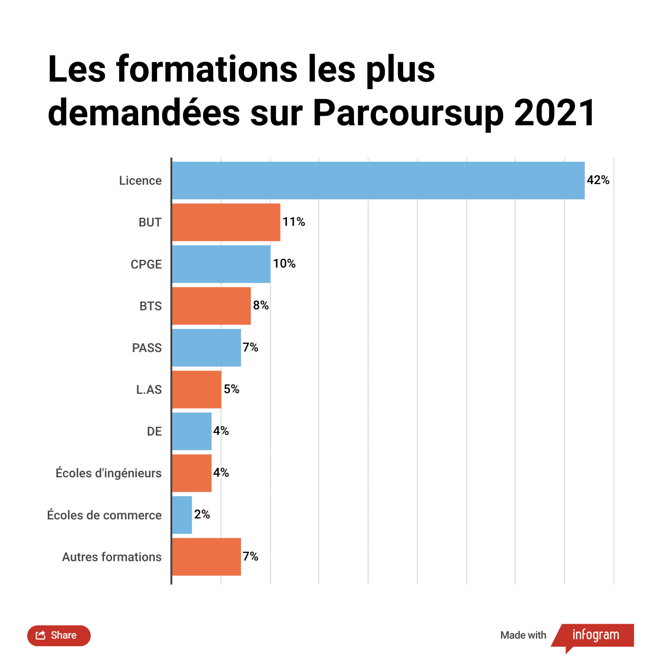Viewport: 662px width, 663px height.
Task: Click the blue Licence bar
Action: click(x=378, y=180)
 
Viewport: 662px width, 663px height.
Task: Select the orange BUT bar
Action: click(x=226, y=223)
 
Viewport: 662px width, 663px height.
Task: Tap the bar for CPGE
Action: click(x=221, y=264)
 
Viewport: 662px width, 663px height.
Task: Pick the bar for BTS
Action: click(x=211, y=306)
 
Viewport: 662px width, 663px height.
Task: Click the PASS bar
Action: click(x=207, y=348)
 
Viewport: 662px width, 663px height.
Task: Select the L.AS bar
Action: click(x=197, y=389)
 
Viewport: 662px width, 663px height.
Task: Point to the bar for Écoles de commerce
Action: click(x=182, y=515)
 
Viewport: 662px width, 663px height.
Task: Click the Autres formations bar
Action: click(x=207, y=557)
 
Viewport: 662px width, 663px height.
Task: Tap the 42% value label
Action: click(x=598, y=180)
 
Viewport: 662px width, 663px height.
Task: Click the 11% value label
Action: click(x=294, y=222)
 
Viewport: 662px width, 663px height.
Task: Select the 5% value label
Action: click(x=231, y=389)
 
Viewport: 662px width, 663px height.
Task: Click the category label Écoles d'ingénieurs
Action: click(x=108, y=473)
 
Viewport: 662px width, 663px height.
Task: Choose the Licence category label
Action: click(x=140, y=180)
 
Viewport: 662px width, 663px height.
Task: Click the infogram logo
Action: click(x=595, y=635)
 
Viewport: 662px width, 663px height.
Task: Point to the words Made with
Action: click(x=523, y=635)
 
